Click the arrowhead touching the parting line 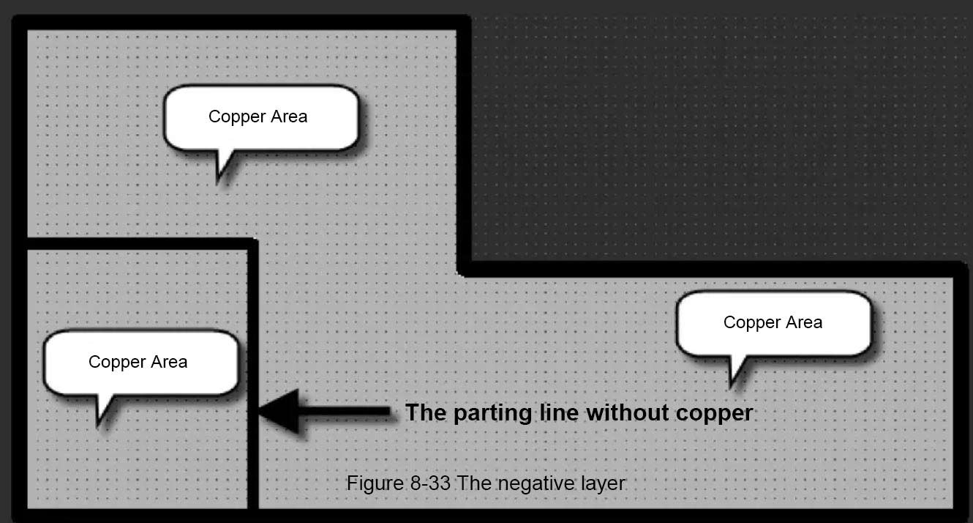[278, 412]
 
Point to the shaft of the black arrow [344, 413]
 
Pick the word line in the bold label [560, 412]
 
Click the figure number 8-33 [428, 483]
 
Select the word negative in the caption [523, 483]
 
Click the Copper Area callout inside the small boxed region [139, 363]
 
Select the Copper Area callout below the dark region [773, 323]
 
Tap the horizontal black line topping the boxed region [139, 243]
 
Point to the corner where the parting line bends [252, 244]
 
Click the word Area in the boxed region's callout [168, 362]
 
